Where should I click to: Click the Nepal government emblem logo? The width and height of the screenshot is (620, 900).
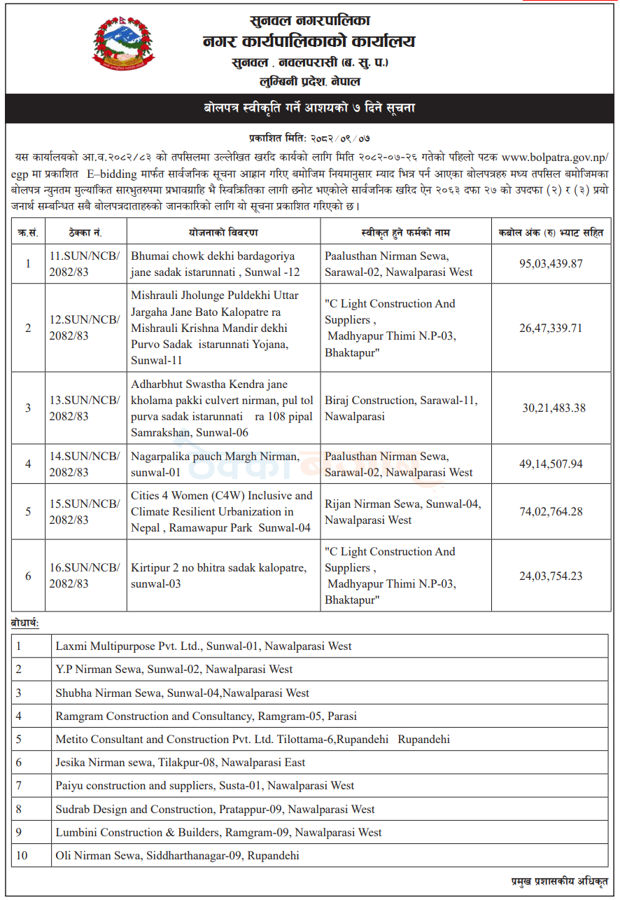[124, 44]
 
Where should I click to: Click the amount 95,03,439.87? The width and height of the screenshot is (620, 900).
[551, 264]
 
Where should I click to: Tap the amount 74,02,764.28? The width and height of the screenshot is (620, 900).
[551, 512]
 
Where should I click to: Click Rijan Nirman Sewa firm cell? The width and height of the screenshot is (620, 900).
[403, 512]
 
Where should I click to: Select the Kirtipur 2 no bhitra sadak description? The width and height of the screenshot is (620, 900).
[219, 576]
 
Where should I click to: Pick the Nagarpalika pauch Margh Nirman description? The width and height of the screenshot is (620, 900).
[215, 464]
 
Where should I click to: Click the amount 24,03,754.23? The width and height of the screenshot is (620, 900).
[551, 576]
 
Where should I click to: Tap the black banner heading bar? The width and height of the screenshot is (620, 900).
[310, 109]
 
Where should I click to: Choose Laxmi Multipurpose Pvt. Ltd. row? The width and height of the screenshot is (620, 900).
[204, 646]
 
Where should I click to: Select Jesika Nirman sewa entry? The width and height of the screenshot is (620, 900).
[181, 763]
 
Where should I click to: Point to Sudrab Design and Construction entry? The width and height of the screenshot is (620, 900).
[216, 810]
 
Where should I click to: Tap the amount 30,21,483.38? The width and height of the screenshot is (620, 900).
[554, 408]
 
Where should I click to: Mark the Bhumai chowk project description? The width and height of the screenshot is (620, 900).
[213, 264]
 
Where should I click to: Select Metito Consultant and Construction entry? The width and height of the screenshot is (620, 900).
[253, 740]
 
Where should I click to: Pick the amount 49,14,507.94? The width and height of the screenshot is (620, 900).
[551, 464]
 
